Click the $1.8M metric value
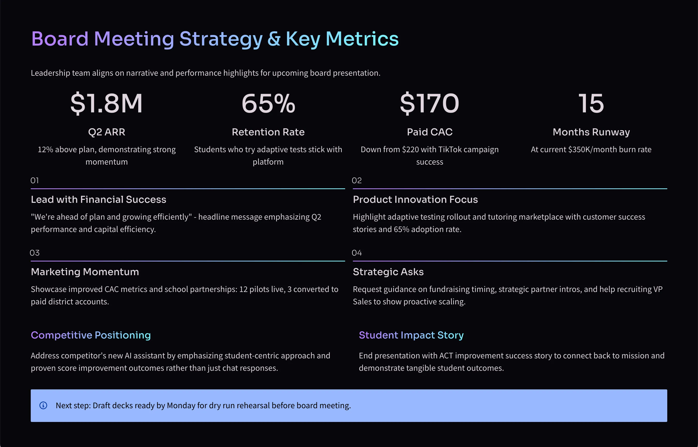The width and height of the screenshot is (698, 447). tap(106, 103)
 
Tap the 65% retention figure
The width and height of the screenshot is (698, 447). tap(268, 103)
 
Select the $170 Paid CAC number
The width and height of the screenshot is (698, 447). tap(430, 103)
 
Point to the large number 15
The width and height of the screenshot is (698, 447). tap(591, 103)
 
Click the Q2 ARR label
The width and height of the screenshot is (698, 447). tap(106, 132)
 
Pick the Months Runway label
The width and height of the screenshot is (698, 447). tap(591, 132)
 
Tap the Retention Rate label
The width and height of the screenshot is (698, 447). tap(268, 132)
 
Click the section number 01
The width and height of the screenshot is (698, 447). tap(35, 181)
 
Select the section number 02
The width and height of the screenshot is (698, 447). tap(356, 181)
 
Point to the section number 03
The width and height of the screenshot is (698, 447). tap(35, 253)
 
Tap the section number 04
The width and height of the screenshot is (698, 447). tap(356, 253)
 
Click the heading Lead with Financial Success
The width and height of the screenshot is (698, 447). tap(99, 200)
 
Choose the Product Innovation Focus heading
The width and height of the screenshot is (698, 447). tap(415, 200)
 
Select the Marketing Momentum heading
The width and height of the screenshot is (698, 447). tap(85, 272)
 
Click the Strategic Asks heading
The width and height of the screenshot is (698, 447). tap(388, 272)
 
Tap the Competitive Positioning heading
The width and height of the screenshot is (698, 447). tap(91, 335)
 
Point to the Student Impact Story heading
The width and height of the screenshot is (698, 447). tap(411, 335)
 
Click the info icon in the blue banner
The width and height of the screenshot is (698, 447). tap(43, 405)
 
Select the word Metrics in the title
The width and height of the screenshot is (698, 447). tap(362, 39)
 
